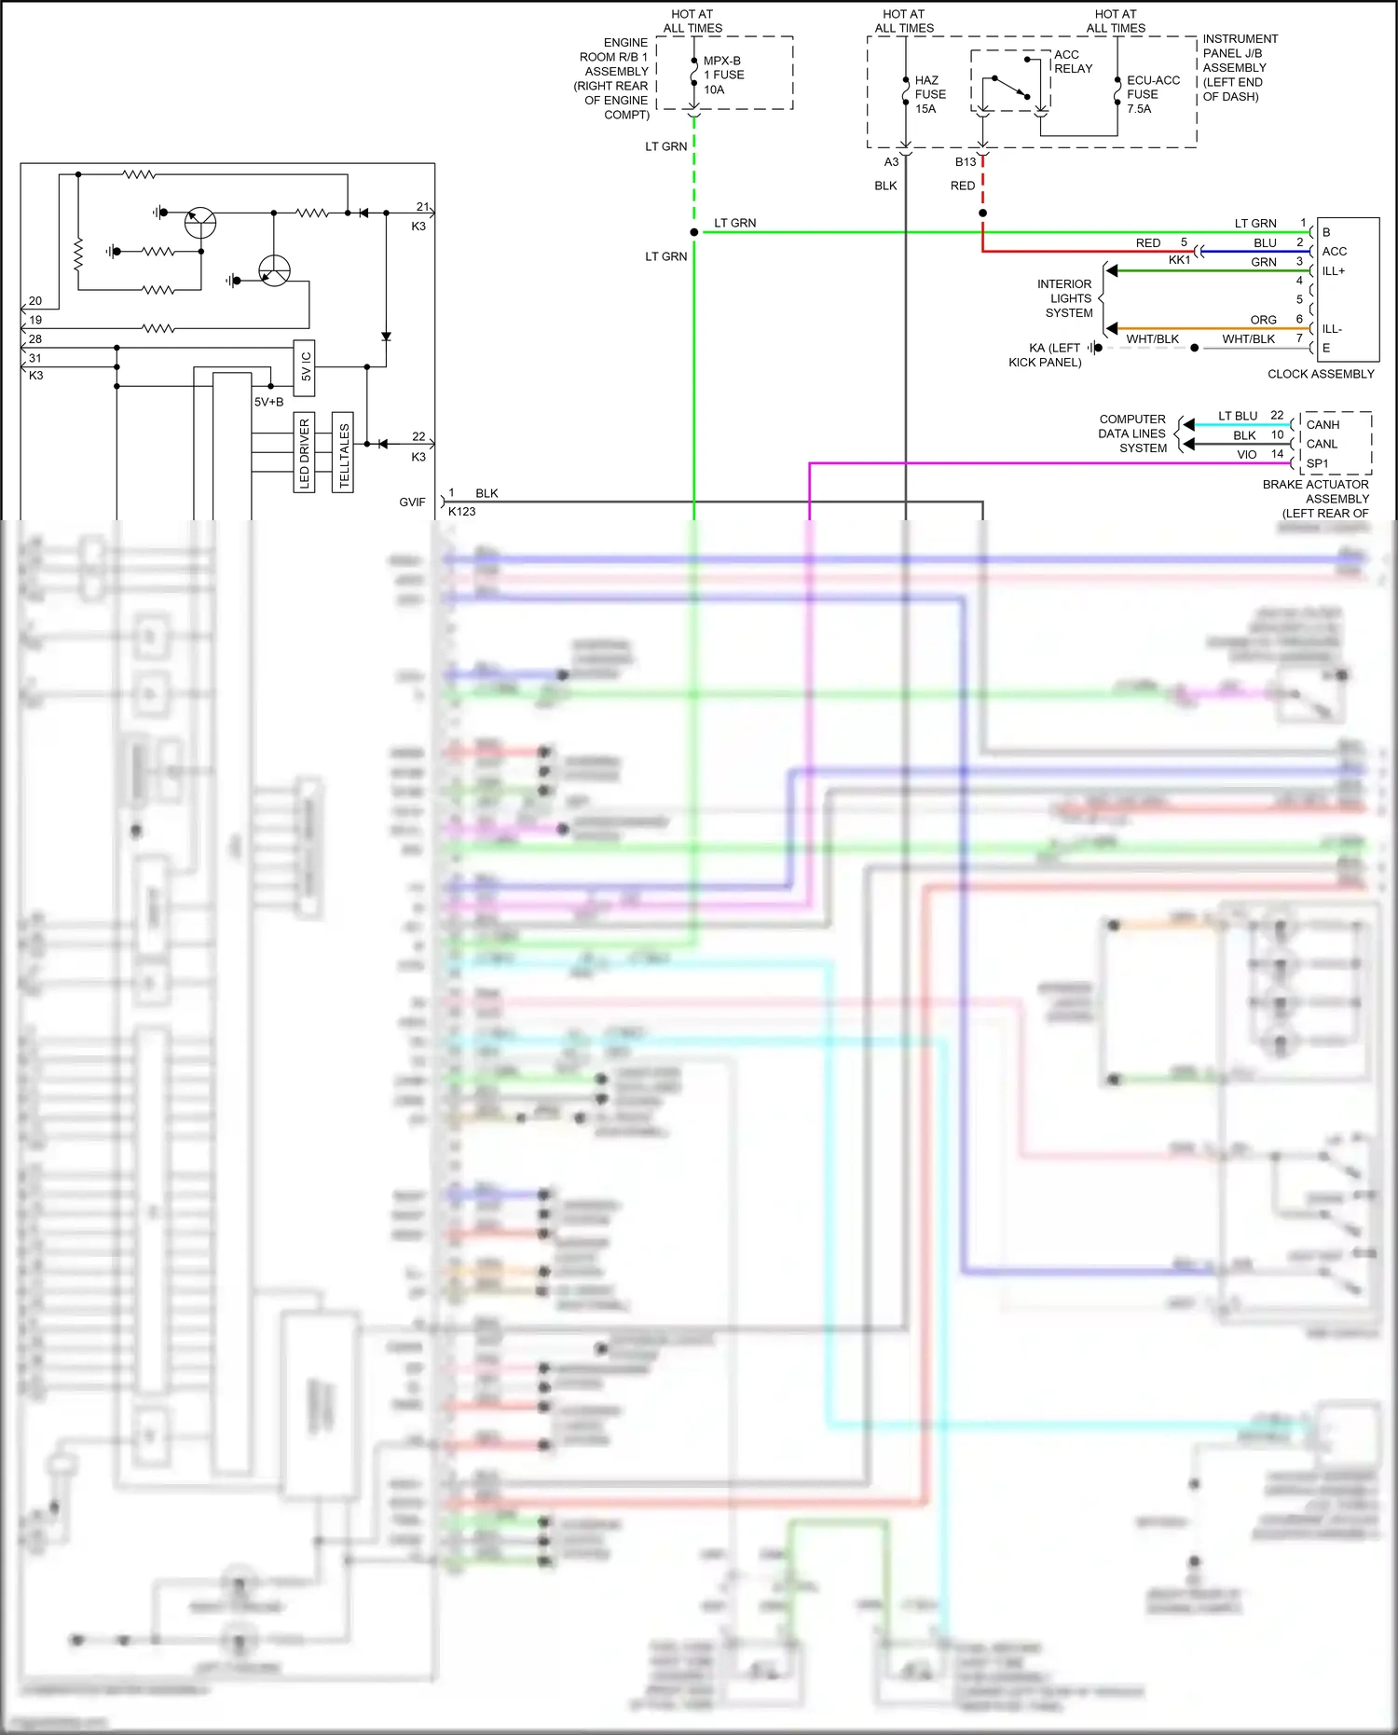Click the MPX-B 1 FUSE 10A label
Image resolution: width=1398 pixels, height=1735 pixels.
point(723,75)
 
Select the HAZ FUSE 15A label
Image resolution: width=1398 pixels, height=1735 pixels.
point(929,94)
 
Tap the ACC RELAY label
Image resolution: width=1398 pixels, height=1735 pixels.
point(1073,62)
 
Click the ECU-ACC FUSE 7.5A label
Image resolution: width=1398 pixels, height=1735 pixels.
point(1153,94)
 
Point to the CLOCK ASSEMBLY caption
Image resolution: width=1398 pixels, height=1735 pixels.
point(1320,374)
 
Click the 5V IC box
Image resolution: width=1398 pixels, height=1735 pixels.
point(305,366)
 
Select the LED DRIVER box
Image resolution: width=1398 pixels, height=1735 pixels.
point(304,452)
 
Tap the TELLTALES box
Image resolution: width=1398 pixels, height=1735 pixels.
point(343,452)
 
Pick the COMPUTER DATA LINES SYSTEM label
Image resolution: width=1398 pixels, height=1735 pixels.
point(1131,434)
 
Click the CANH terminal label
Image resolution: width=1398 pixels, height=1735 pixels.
point(1323,424)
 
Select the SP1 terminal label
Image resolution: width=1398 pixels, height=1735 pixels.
point(1317,463)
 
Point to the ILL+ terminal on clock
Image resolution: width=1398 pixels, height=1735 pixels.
point(1333,271)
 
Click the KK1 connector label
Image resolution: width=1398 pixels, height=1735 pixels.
point(1179,260)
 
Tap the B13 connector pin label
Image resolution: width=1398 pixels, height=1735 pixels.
point(965,162)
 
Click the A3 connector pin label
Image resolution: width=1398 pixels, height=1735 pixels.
point(891,162)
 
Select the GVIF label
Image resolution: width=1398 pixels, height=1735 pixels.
point(412,502)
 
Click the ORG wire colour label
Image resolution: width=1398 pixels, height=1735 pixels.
point(1263,320)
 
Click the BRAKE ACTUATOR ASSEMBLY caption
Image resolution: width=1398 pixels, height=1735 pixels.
point(1316,491)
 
